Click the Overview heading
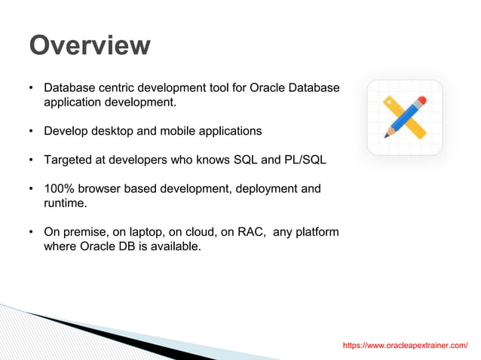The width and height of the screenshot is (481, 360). point(89,45)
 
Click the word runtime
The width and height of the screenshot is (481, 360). point(66,203)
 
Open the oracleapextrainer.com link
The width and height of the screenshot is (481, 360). point(405,345)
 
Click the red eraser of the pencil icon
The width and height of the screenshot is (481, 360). point(421,100)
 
